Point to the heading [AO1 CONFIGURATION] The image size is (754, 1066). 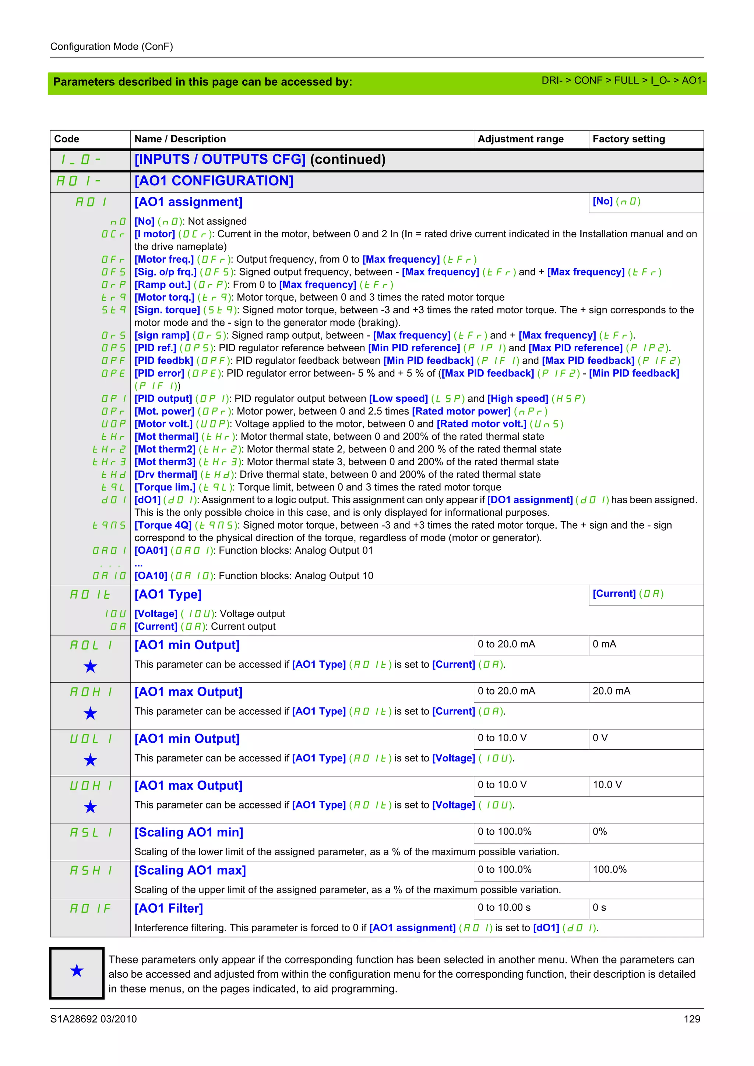pos(214,181)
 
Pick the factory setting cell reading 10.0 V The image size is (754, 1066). pos(607,785)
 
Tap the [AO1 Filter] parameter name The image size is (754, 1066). pos(169,908)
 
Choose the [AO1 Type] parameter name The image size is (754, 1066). pos(168,594)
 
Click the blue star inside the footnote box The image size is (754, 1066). pos(77,970)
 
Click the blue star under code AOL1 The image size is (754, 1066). pos(90,667)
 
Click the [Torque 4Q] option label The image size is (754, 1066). pos(163,525)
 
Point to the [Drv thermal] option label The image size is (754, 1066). pos(166,475)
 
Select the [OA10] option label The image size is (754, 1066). pos(151,576)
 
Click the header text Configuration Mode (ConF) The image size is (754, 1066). pos(112,46)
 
